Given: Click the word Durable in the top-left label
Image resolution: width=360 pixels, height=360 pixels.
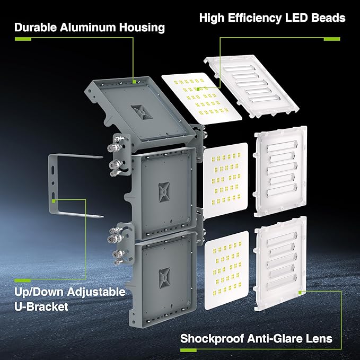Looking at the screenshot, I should click(x=37, y=27).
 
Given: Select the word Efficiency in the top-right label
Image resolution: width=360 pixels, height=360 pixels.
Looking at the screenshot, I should click(x=253, y=18).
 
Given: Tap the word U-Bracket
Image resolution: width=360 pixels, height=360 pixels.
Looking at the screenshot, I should click(x=41, y=306).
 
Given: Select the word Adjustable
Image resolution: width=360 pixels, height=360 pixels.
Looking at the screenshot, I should click(x=96, y=292).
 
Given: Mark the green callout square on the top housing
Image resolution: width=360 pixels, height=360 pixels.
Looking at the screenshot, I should click(x=135, y=81).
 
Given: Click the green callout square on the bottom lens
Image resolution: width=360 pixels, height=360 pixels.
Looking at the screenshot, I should click(x=300, y=292).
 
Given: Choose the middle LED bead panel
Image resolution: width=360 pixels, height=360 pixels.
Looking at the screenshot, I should click(x=226, y=180).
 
